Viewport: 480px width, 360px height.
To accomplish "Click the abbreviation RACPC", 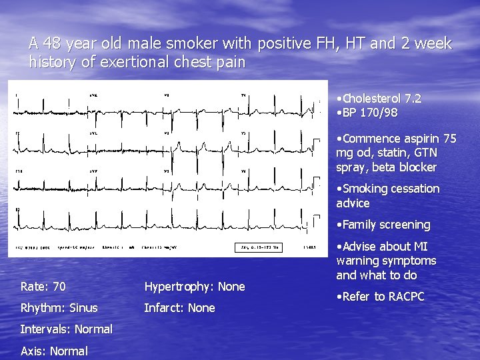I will (x=403, y=297).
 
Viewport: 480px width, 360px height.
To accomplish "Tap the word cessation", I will (x=413, y=189).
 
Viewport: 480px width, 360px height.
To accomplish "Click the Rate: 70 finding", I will (x=43, y=287).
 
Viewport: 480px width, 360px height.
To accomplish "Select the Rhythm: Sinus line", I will (x=59, y=308).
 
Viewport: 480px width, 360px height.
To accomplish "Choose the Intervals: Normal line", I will (x=66, y=329).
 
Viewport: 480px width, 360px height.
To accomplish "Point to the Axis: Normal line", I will (x=54, y=351).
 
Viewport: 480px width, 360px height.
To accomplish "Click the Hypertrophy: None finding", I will (x=195, y=287).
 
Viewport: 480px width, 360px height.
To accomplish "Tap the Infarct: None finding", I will (x=180, y=308).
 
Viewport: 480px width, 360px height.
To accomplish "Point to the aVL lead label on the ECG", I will (x=93, y=133).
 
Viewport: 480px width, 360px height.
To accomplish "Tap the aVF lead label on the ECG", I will (x=93, y=172).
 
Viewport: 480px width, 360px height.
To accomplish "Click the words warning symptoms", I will (x=386, y=261).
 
